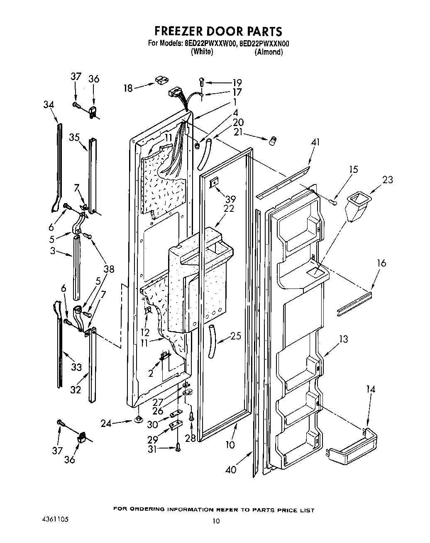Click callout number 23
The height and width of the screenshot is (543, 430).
[387, 180]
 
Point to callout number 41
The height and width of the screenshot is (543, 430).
[316, 143]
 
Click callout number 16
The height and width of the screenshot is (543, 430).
[381, 263]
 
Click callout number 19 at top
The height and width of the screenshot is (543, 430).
[237, 82]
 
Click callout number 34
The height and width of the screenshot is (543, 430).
[49, 104]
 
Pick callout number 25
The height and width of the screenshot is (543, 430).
[235, 336]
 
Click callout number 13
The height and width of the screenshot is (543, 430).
[343, 339]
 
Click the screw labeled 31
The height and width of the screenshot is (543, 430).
[178, 447]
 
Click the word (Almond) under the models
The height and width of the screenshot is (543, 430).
[269, 52]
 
